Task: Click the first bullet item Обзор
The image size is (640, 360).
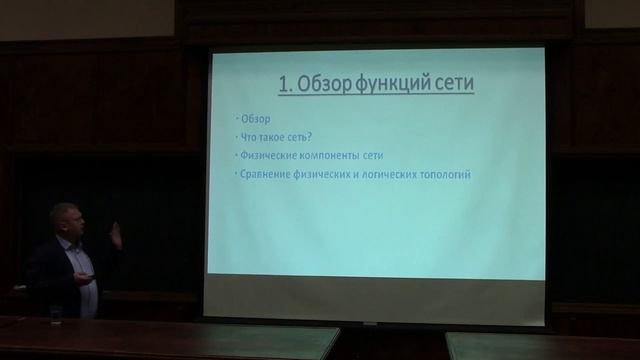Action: (x=256, y=118)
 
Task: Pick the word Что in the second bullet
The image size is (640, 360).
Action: (x=251, y=137)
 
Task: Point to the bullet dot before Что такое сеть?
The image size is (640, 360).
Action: (x=235, y=138)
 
